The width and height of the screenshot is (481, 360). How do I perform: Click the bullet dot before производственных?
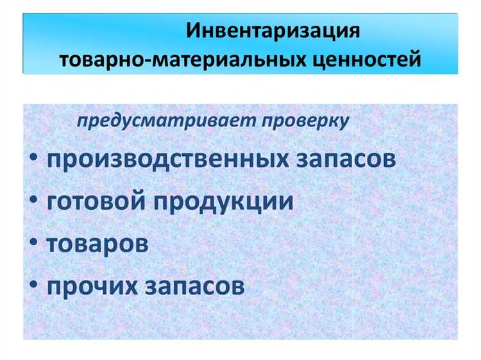[33, 160]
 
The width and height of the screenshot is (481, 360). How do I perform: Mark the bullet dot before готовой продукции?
[33, 202]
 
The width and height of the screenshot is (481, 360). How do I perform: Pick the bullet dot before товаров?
[33, 244]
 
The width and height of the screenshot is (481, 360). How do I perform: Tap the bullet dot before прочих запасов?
[33, 286]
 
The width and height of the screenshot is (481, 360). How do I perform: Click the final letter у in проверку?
[344, 123]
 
